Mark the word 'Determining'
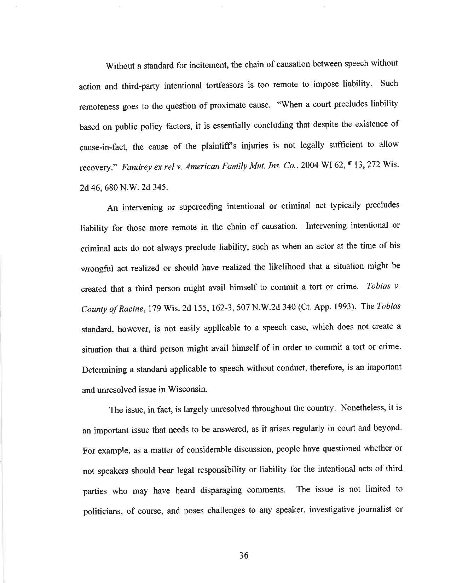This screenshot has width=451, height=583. (x=104, y=370)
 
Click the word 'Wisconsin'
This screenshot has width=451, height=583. (x=186, y=390)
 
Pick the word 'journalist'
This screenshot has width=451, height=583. (x=380, y=510)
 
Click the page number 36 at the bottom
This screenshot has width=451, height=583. (x=244, y=555)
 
